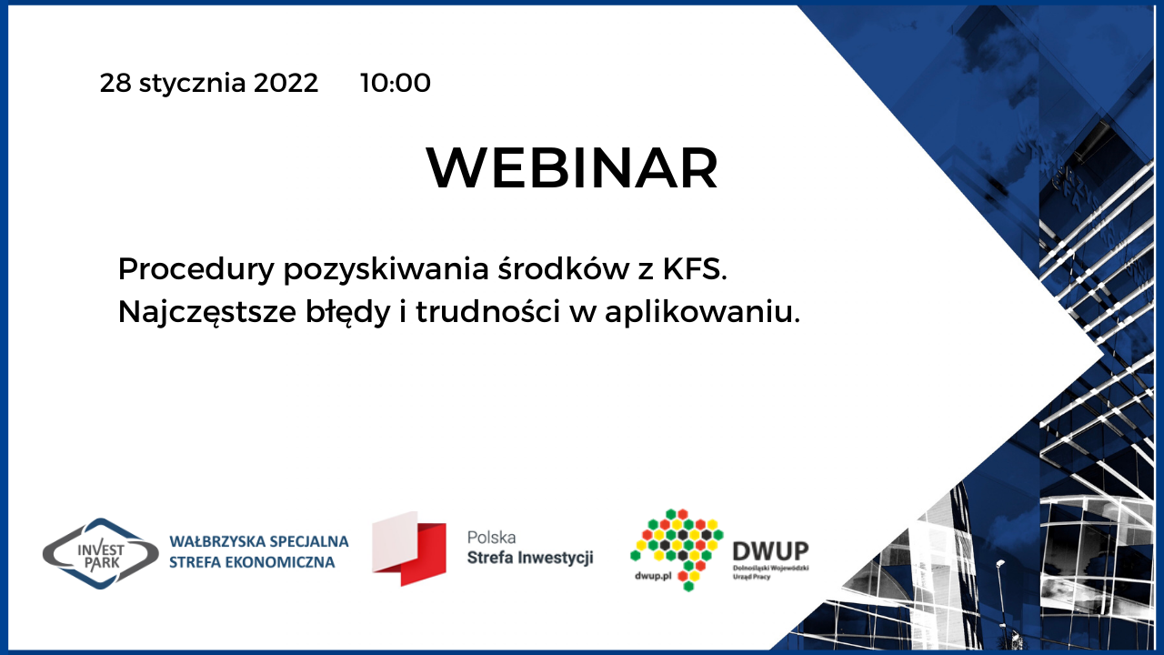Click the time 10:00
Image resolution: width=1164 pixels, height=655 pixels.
396,83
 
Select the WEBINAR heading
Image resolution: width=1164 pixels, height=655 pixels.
572,168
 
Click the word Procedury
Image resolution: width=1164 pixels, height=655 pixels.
196,270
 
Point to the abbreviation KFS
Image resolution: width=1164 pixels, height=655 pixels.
695,269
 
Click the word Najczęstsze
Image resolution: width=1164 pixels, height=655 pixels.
207,313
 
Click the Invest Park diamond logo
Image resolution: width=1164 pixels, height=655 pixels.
100,554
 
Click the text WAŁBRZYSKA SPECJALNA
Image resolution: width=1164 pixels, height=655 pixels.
259,541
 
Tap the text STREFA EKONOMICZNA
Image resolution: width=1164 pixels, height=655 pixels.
252,562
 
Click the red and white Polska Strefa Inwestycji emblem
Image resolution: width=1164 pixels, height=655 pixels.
409,549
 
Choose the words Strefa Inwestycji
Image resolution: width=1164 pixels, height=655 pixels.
530,559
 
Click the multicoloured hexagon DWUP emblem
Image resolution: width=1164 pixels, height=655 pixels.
677,549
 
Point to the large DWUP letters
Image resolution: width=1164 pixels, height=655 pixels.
770,551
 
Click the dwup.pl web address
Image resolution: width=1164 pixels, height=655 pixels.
653,576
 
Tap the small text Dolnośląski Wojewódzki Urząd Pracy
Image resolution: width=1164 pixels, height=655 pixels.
770,572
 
